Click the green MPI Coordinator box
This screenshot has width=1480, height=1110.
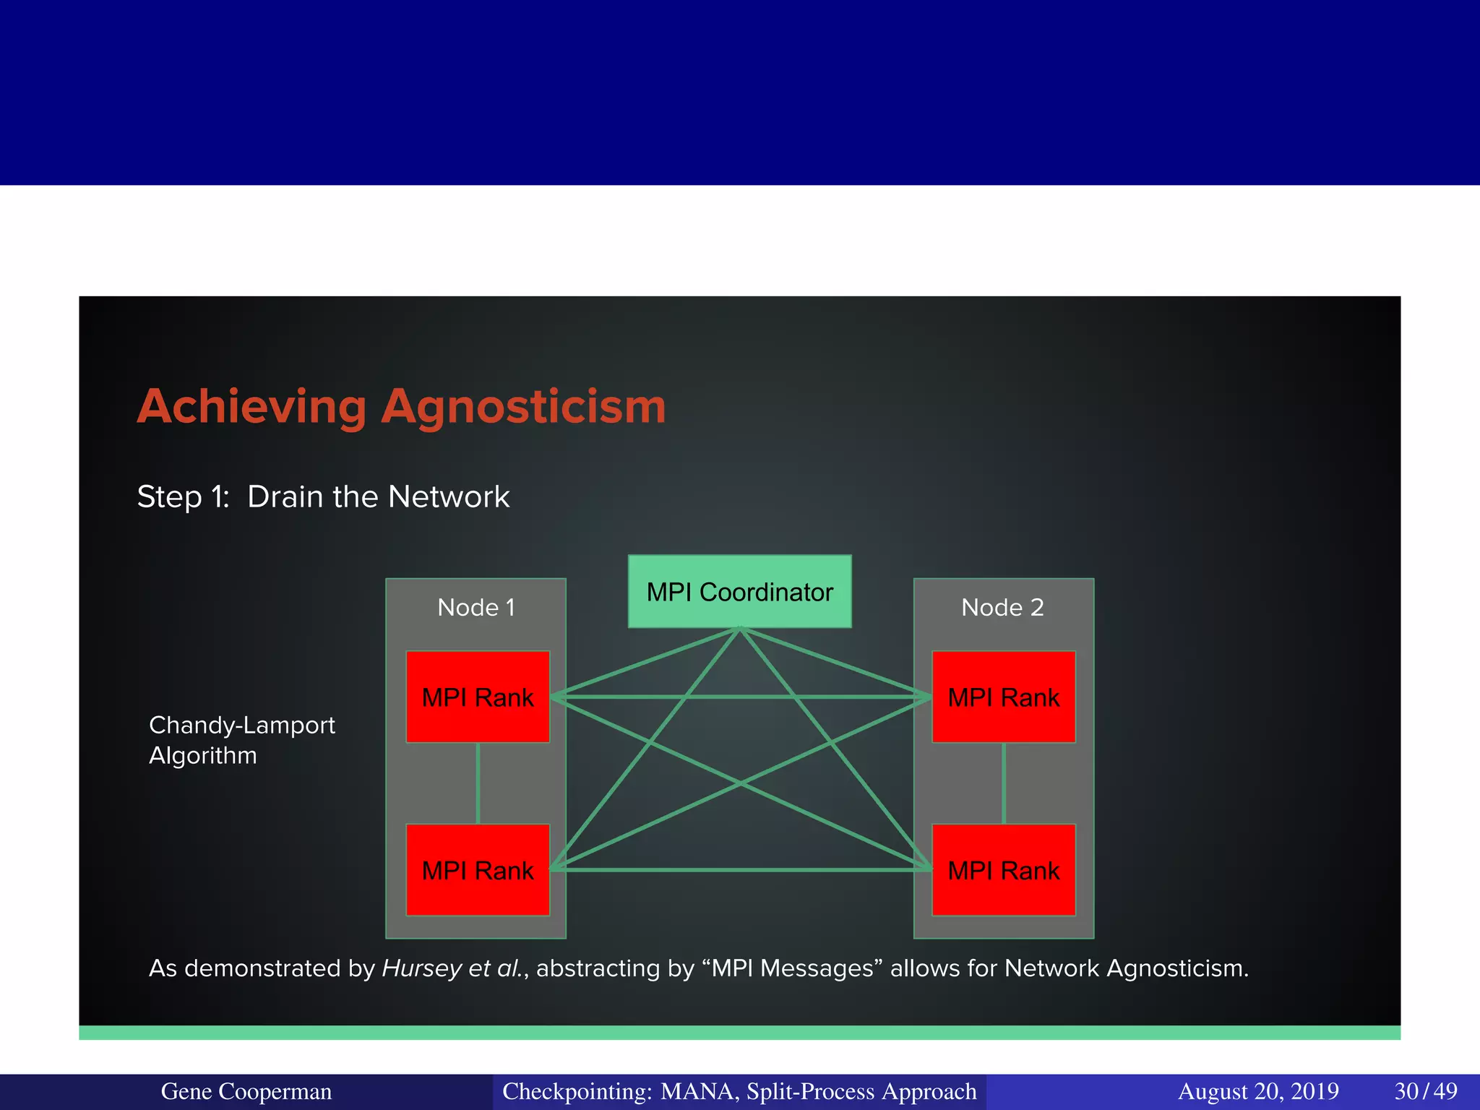click(739, 591)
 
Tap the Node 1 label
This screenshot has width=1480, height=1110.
click(476, 608)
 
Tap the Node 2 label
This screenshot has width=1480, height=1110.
click(1002, 608)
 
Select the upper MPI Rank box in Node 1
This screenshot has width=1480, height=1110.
click(478, 697)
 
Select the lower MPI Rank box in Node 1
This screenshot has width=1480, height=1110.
click(478, 870)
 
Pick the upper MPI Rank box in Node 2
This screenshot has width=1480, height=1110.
click(1003, 697)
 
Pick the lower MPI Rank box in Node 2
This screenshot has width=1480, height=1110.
click(1003, 870)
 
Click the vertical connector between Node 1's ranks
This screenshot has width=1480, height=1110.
click(478, 783)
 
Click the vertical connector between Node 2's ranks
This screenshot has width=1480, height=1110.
click(1004, 783)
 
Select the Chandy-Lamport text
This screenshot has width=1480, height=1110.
click(242, 725)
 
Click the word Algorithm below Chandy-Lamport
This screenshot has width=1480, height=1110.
click(203, 756)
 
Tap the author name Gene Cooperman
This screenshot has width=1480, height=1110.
click(246, 1091)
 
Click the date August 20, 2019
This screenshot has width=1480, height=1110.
click(1258, 1091)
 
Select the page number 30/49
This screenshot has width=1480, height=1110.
click(1425, 1091)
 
